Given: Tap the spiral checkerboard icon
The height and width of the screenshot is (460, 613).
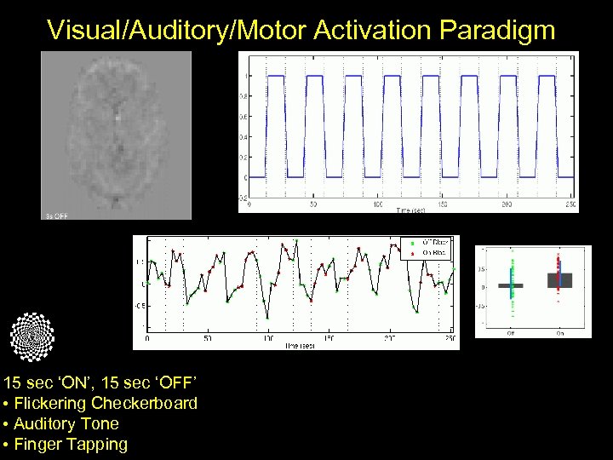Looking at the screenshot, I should [32, 336].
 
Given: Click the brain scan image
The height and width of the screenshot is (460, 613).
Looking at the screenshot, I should [116, 132].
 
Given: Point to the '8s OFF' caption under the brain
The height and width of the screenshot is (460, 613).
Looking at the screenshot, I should [56, 216].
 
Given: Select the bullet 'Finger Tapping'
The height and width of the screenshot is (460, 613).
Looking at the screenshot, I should [71, 444].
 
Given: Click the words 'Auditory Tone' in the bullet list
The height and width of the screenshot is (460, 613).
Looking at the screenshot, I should [66, 423].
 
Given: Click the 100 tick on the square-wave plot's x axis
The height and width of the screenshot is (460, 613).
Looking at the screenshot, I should [377, 204].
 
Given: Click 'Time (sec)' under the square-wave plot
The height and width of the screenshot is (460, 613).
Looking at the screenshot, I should [412, 209].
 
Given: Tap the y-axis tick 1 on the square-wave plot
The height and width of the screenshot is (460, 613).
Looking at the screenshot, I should [247, 76].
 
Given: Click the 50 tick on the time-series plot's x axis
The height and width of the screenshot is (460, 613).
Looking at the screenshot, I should [207, 339].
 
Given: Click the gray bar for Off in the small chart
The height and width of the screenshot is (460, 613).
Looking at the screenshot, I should [511, 285].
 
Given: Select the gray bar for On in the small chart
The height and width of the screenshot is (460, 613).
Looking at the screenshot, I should [559, 280].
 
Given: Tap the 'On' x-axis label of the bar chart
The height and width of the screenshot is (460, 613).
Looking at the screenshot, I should [559, 333].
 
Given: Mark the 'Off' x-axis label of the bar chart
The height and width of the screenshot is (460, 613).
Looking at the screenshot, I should [511, 333].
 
